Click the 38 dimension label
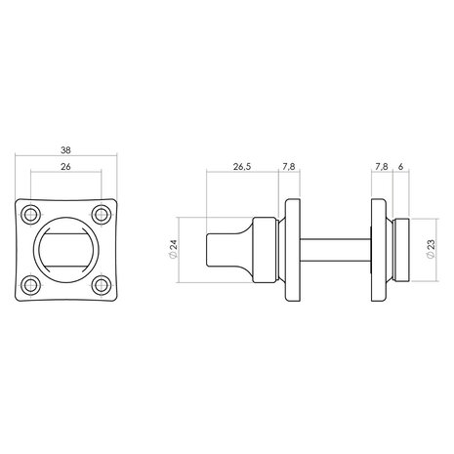(65, 150)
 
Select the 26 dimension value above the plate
(65, 167)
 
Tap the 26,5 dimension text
(242, 167)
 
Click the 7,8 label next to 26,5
(289, 167)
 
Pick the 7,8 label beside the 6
(382, 167)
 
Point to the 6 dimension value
(400, 167)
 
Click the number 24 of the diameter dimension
(174, 245)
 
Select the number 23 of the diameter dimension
(431, 245)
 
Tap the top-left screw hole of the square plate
(31, 215)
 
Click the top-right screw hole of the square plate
(102, 215)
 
